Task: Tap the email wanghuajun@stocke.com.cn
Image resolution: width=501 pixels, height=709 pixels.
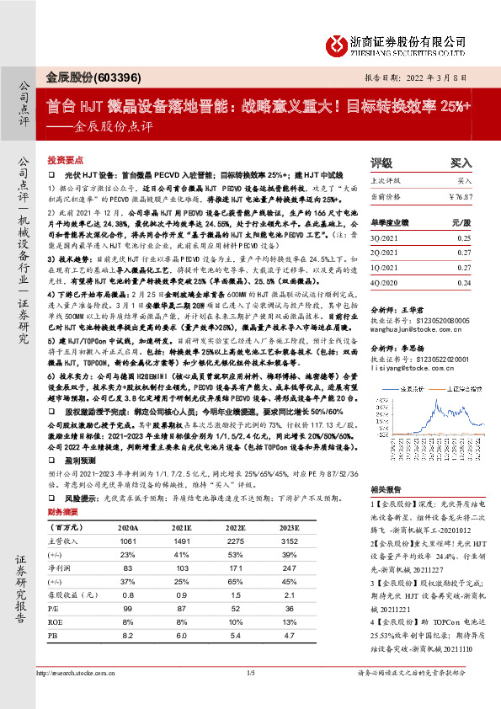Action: point(409,328)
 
